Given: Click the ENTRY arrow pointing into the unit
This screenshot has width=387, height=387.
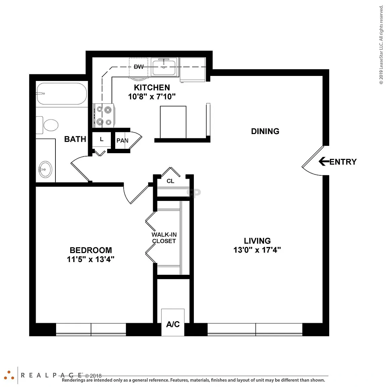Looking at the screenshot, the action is tap(324, 161).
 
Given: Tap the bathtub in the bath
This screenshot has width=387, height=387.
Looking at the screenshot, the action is tap(62, 94).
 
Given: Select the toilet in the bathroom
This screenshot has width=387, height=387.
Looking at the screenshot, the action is tap(47, 125).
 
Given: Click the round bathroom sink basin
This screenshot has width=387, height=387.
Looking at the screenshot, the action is tap(45, 169).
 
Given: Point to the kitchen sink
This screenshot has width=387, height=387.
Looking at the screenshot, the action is tap(164, 67).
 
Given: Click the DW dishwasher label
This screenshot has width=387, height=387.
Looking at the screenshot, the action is tap(139, 67).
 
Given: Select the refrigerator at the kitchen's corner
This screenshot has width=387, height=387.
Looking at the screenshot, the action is tap(192, 70).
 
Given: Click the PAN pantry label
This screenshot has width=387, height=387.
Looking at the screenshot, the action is tap(122, 140).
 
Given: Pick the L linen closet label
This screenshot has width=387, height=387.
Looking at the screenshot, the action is tap(102, 139).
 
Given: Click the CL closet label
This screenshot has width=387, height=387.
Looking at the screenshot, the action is tap(170, 181).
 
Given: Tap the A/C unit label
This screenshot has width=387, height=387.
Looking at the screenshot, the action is tap(173, 324).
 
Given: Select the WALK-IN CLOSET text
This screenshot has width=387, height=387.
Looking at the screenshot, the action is tap(164, 238).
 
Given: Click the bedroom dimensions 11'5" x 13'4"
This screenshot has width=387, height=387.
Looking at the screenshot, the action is tap(91, 259).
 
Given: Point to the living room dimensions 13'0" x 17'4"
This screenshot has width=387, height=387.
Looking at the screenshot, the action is tap(257, 250).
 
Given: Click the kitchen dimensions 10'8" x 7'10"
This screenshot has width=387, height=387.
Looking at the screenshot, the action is tap(152, 96).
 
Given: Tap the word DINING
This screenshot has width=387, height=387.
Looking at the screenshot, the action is tap(265, 131).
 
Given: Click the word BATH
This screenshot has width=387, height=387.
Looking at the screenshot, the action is tap(75, 139).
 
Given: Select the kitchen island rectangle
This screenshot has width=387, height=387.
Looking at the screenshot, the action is tap(173, 122).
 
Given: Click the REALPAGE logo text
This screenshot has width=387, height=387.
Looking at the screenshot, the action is tap(51, 375).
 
